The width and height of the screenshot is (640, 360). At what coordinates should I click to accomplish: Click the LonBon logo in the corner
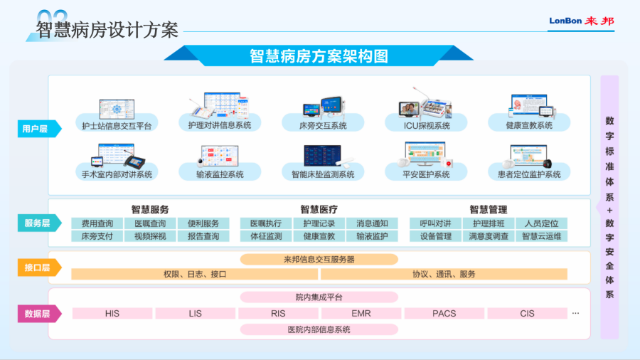click(581, 21)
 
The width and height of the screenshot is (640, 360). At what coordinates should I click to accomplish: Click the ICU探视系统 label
click(427, 126)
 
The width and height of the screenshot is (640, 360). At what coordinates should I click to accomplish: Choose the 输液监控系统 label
click(220, 175)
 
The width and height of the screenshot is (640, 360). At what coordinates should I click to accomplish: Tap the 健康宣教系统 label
click(529, 126)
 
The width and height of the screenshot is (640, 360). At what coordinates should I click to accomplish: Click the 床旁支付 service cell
click(97, 236)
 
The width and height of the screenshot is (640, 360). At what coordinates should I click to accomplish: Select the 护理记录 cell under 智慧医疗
click(319, 223)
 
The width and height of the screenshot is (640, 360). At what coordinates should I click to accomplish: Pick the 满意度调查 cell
click(489, 236)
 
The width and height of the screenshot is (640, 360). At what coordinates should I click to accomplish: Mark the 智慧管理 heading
click(488, 210)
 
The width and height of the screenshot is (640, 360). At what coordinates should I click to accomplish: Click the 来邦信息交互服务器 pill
click(319, 259)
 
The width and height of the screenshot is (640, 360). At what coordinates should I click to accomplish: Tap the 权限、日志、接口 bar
click(195, 275)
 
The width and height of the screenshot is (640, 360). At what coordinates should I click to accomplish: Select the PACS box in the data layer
click(444, 314)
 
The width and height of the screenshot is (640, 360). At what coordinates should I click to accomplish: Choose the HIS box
click(112, 314)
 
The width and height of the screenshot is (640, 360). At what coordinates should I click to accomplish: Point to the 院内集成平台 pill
click(319, 297)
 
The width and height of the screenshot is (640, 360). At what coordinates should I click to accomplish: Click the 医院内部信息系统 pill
click(319, 329)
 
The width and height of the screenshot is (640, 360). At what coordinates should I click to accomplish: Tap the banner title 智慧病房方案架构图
click(319, 56)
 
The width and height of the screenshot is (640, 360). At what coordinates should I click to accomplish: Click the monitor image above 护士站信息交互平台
click(117, 109)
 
